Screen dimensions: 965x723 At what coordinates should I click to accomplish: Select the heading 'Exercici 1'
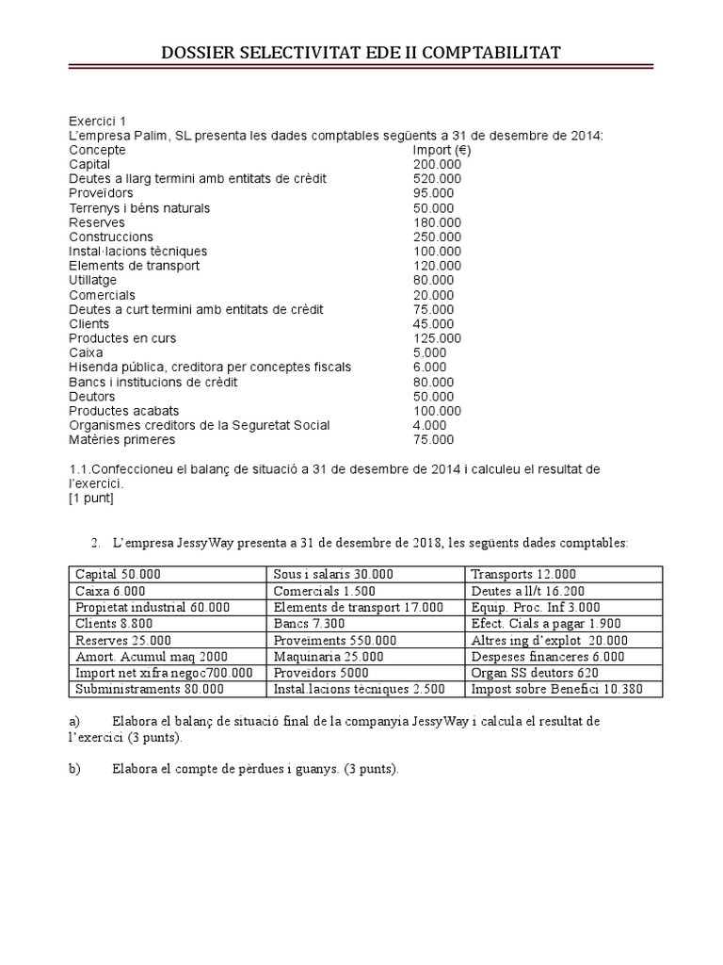coord(97,121)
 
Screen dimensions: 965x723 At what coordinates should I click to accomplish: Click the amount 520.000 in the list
coord(437,179)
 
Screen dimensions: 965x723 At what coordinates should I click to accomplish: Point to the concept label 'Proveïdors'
coord(101,193)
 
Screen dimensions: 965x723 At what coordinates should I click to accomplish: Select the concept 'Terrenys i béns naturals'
coord(139,207)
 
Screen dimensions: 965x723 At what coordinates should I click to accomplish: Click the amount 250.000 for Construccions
coord(437,237)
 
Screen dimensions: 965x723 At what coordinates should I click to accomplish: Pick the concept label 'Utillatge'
coord(93,280)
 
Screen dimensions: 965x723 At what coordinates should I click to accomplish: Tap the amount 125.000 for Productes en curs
coord(437,338)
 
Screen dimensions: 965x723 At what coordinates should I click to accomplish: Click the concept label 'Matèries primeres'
coord(121,439)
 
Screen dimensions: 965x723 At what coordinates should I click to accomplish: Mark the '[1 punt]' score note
coord(91,498)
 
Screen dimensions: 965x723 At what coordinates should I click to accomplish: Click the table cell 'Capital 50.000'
coord(118,574)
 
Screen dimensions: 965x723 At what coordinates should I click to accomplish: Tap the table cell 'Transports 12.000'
coord(523,574)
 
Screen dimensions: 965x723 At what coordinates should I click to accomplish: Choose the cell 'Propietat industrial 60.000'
coord(152,608)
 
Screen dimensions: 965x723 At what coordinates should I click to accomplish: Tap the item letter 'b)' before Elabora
coord(75,769)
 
